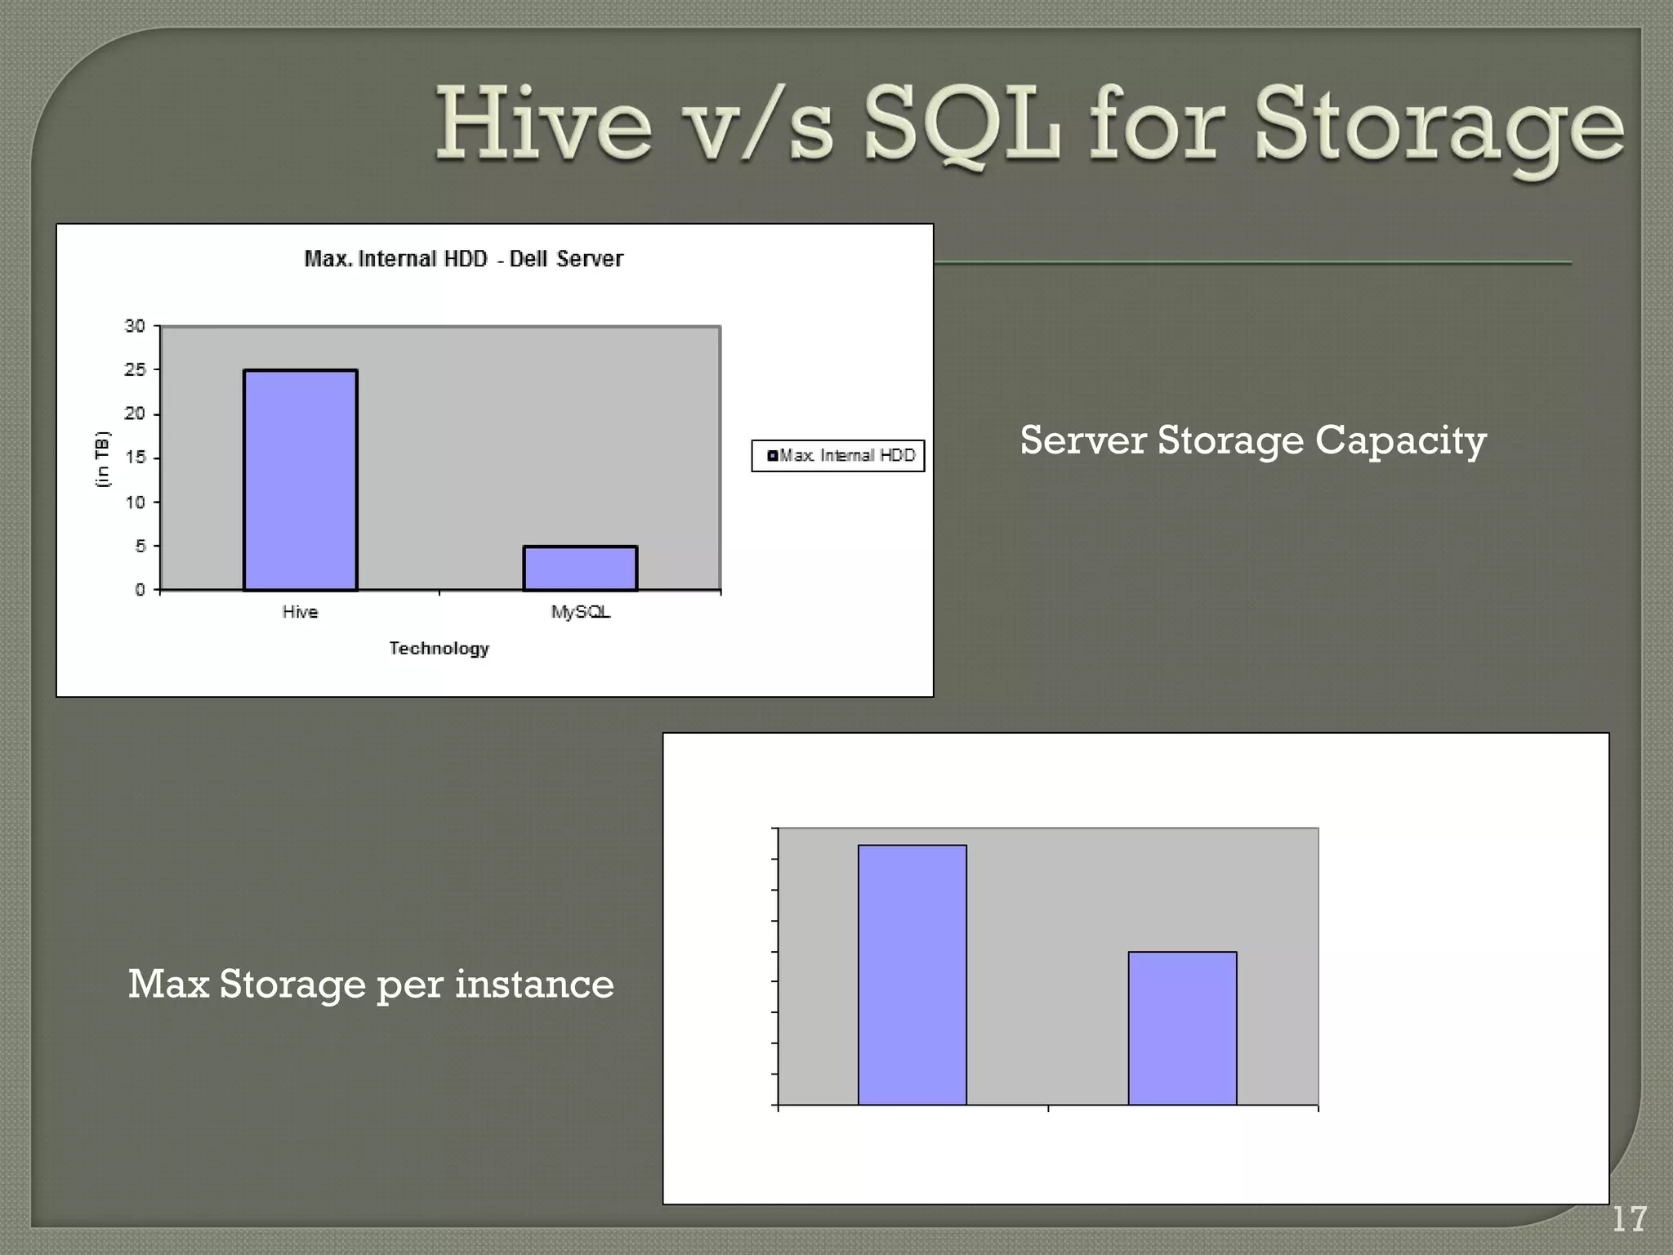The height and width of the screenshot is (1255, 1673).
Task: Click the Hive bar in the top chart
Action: click(x=300, y=480)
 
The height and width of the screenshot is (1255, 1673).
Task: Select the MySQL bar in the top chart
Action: click(x=580, y=568)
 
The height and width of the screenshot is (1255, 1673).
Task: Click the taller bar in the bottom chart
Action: click(x=912, y=975)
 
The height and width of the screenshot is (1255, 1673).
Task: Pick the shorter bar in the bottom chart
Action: click(x=1182, y=1028)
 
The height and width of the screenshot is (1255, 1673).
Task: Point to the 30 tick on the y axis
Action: click(x=135, y=326)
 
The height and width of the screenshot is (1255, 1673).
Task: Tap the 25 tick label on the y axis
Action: click(x=135, y=370)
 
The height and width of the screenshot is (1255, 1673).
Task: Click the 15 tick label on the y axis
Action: click(x=135, y=458)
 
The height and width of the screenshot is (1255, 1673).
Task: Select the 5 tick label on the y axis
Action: click(x=140, y=546)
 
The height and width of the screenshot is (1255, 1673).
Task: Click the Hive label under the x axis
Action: click(x=300, y=612)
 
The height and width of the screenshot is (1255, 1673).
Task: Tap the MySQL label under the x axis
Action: click(x=580, y=612)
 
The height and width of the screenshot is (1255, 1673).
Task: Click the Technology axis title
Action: click(x=439, y=648)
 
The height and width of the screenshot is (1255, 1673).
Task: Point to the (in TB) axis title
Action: click(x=102, y=458)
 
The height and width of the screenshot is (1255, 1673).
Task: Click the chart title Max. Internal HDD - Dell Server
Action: click(x=463, y=259)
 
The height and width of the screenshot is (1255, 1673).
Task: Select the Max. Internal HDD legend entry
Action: click(x=841, y=456)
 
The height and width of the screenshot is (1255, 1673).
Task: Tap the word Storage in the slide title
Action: click(x=1439, y=131)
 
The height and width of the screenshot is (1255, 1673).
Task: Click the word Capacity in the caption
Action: click(x=1400, y=440)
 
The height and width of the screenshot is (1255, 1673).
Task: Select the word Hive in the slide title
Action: click(x=543, y=127)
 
